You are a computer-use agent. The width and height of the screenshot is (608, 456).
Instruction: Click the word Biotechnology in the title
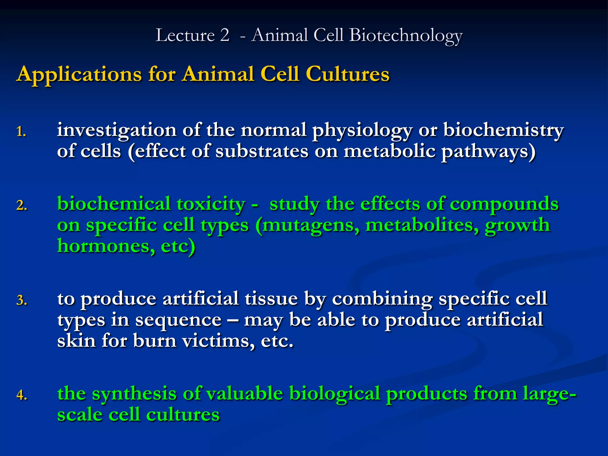[x=406, y=36]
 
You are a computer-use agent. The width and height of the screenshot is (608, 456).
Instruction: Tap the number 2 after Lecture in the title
[x=225, y=35]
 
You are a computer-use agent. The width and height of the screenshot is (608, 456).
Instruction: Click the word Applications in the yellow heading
[x=79, y=74]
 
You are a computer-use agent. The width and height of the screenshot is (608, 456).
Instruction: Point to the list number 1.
[x=21, y=132]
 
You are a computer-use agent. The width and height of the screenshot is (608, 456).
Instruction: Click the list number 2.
[x=22, y=205]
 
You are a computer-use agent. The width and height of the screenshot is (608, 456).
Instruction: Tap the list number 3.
[x=22, y=300]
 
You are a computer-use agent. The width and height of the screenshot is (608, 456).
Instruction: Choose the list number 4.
[x=22, y=395]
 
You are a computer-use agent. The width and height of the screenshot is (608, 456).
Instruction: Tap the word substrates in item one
[x=262, y=151]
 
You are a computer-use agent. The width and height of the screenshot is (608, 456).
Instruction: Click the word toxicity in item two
[x=211, y=204]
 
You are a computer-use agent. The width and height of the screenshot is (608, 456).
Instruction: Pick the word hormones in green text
[x=106, y=246]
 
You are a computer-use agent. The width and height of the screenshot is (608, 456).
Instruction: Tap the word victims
[x=218, y=341]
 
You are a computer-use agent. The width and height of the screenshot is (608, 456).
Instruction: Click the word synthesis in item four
[x=134, y=394]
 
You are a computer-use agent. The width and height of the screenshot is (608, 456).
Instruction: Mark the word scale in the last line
[x=79, y=414]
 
